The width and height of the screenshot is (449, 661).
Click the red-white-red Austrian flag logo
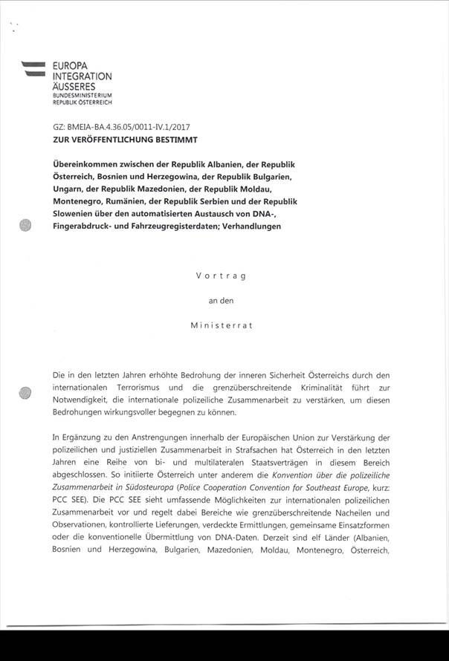click(x=34, y=68)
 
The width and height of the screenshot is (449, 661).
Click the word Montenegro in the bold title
click(x=80, y=201)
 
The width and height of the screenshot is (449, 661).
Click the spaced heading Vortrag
click(x=220, y=276)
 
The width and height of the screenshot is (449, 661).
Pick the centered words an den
click(x=220, y=300)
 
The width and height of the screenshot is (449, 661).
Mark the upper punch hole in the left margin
click(x=27, y=225)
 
